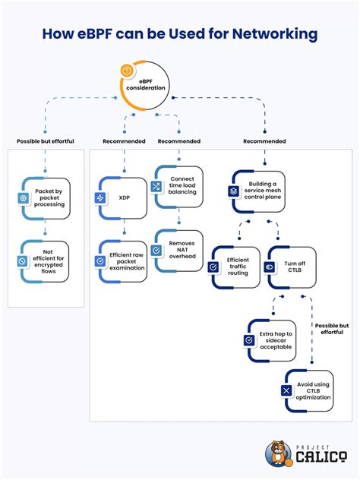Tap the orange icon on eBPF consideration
pyautogui.click(x=127, y=71)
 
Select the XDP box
pyautogui.click(x=123, y=197)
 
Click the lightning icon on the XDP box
pyautogui.click(x=100, y=197)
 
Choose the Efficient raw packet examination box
pyautogui.click(x=123, y=261)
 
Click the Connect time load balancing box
pyautogui.click(x=179, y=187)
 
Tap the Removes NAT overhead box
pyautogui.click(x=179, y=250)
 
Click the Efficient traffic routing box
pyautogui.click(x=235, y=267)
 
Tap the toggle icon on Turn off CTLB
pyautogui.click(x=269, y=267)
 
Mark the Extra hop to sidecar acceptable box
pyautogui.click(x=271, y=340)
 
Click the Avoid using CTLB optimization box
pyautogui.click(x=308, y=390)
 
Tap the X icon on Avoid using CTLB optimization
pyautogui.click(x=286, y=390)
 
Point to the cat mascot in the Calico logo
pyautogui.click(x=278, y=453)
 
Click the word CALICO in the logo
pyautogui.click(x=320, y=457)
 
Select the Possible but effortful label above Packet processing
pyautogui.click(x=46, y=141)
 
